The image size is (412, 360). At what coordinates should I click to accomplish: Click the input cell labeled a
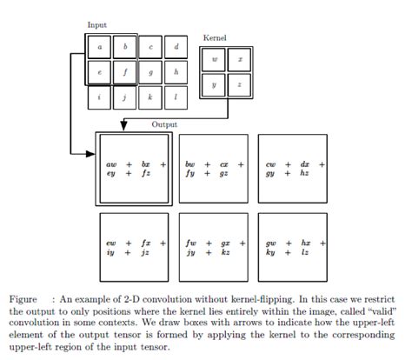(101, 46)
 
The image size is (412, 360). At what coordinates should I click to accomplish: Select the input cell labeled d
(177, 46)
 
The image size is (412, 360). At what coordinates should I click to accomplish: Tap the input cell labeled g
(151, 73)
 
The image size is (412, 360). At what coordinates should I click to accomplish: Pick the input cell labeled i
(101, 98)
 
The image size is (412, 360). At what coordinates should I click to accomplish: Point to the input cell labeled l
(177, 98)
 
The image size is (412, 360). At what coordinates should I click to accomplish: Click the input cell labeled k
(151, 98)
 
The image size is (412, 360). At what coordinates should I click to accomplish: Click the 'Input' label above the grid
(97, 25)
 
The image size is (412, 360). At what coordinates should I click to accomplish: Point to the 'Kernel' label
(214, 39)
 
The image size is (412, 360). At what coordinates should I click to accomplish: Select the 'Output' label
(164, 124)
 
